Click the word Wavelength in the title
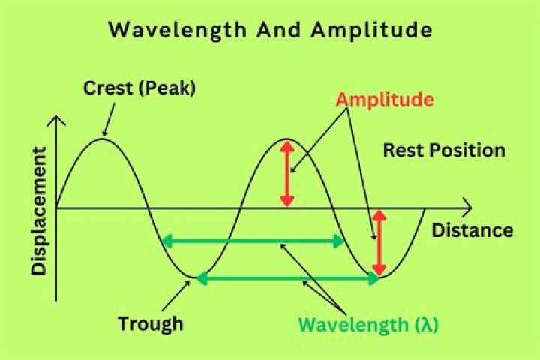pos(178,31)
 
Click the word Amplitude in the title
pos(371,31)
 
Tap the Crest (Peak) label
pos(139,88)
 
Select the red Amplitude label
pos(385,100)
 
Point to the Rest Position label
pos(444,151)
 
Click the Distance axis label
pos(472,230)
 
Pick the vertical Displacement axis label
pos(38,211)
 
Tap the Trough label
pos(151,324)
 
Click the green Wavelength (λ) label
pos(368,325)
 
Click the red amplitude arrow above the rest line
pos(287,174)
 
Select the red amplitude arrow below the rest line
pos(379,243)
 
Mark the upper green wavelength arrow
pos(253,241)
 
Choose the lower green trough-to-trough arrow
pos(288,278)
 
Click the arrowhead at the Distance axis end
pos(466,208)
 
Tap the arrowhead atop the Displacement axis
pos(56,121)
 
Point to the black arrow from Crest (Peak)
pos(109,119)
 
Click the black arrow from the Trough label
pos(175,296)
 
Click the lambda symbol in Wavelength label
pos(427,324)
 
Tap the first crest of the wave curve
pos(103,139)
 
